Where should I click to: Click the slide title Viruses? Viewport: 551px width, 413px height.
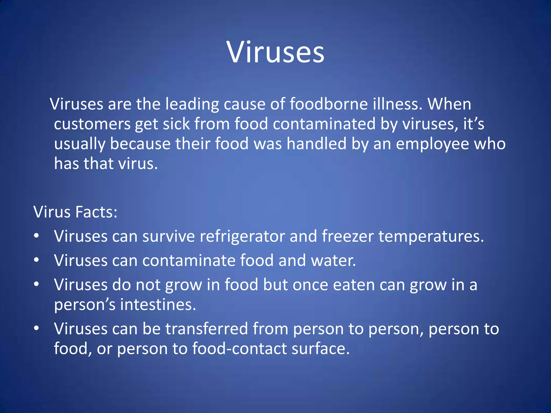(x=275, y=52)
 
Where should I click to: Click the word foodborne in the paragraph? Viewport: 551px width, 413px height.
(x=329, y=104)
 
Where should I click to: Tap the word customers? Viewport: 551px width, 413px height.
(x=92, y=124)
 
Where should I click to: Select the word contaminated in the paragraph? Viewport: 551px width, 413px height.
(x=324, y=124)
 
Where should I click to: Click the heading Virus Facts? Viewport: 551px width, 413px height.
(x=75, y=212)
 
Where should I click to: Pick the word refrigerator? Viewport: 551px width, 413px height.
(x=242, y=236)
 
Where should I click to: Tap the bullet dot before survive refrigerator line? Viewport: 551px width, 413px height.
(x=37, y=236)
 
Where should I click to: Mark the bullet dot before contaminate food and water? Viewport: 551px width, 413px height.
(x=37, y=260)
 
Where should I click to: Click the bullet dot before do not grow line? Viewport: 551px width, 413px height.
(x=37, y=284)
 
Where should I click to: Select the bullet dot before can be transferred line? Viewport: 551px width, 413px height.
(x=37, y=328)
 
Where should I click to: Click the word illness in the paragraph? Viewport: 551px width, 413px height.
(x=398, y=104)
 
